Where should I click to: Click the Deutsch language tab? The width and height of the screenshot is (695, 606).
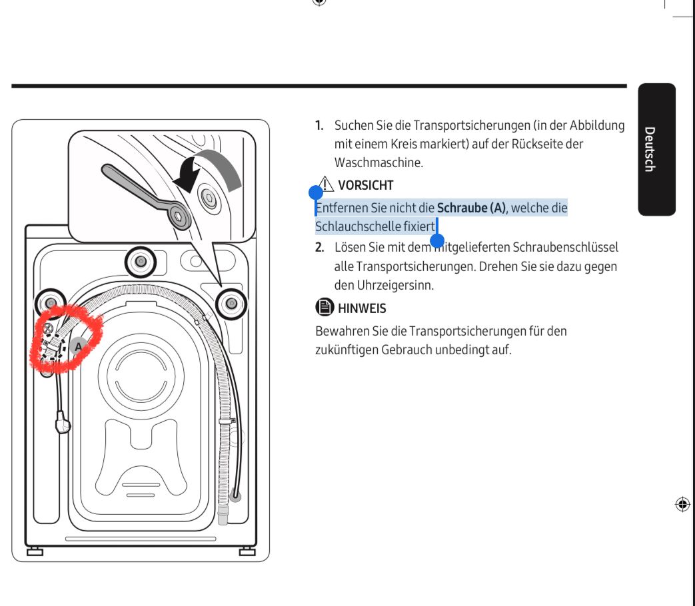[656, 149]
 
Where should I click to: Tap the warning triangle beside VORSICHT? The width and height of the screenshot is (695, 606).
[326, 184]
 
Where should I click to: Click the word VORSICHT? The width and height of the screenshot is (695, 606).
[366, 185]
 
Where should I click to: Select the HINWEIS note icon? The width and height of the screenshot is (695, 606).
[325, 306]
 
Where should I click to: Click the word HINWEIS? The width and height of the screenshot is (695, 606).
[362, 308]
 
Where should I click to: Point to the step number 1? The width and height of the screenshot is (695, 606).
[319, 126]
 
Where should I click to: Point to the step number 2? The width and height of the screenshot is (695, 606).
[320, 248]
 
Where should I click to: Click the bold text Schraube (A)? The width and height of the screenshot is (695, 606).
[471, 208]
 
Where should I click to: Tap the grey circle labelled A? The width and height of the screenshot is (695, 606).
[79, 346]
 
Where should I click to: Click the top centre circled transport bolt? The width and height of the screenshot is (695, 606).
[141, 261]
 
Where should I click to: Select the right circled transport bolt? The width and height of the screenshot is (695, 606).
[231, 304]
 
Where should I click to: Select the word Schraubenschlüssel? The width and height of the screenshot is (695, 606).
[565, 247]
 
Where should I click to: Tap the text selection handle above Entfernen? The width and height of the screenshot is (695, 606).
[316, 192]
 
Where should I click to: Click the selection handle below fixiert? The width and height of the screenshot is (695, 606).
[437, 240]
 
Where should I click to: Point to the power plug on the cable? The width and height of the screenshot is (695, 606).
[63, 422]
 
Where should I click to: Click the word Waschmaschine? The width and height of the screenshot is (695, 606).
[378, 162]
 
